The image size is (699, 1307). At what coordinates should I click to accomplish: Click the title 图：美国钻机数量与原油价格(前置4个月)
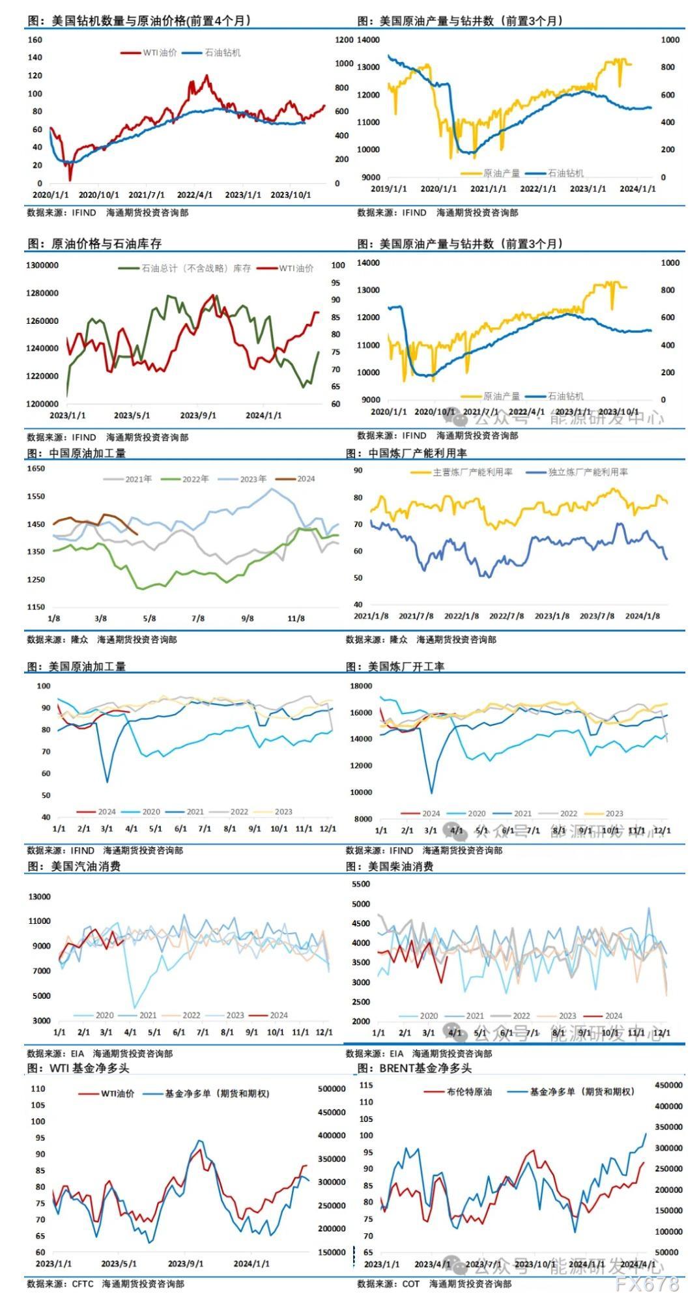(139, 21)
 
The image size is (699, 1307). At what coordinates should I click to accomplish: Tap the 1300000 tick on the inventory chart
(42, 265)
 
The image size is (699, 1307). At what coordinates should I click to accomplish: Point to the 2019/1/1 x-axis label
(389, 189)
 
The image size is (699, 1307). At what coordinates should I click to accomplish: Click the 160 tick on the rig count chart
(35, 40)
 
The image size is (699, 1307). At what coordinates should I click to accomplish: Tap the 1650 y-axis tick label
(36, 468)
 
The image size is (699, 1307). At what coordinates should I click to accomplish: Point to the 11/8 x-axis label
(296, 618)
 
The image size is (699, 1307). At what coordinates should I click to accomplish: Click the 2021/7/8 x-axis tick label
(416, 616)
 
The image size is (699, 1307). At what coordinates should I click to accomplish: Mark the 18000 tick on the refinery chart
(362, 686)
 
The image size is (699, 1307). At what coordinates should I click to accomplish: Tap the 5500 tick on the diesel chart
(360, 884)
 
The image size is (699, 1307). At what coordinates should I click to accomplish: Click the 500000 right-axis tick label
(332, 1089)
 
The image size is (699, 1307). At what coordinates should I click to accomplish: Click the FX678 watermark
(648, 1284)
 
